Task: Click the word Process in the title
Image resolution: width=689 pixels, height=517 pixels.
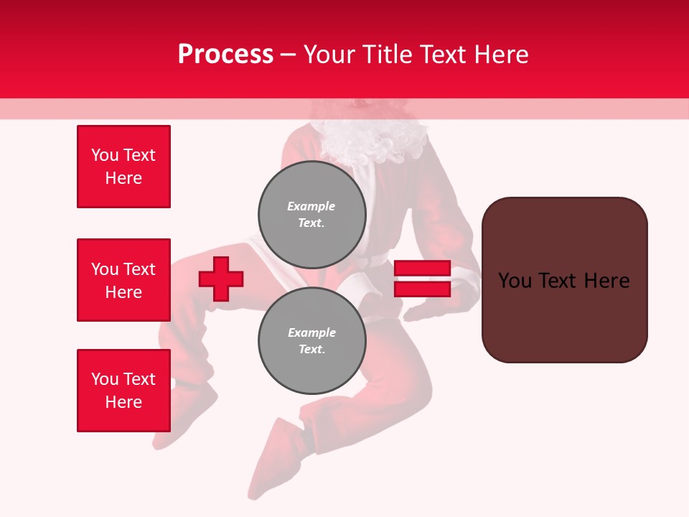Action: [225, 55]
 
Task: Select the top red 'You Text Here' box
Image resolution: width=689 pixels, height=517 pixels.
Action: [123, 167]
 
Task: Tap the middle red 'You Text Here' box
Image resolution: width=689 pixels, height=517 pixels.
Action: [123, 280]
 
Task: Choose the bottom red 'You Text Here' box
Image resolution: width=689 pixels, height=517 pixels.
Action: [123, 391]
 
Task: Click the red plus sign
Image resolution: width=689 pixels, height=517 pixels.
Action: [221, 279]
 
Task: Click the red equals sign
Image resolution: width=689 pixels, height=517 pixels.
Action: [422, 279]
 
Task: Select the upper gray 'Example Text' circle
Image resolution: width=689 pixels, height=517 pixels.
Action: [312, 215]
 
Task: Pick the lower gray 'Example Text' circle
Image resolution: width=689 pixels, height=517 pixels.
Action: [312, 341]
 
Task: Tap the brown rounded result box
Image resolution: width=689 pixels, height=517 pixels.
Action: [564, 279]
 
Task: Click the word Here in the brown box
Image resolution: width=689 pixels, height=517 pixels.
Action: [606, 281]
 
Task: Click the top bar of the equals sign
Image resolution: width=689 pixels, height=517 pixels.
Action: [422, 269]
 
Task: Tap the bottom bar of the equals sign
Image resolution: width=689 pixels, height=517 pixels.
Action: [422, 289]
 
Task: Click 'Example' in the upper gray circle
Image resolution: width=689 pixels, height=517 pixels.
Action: [311, 206]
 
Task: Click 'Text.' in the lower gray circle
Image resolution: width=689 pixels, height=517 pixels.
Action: [311, 350]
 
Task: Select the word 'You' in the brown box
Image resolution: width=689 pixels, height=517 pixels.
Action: [515, 281]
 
